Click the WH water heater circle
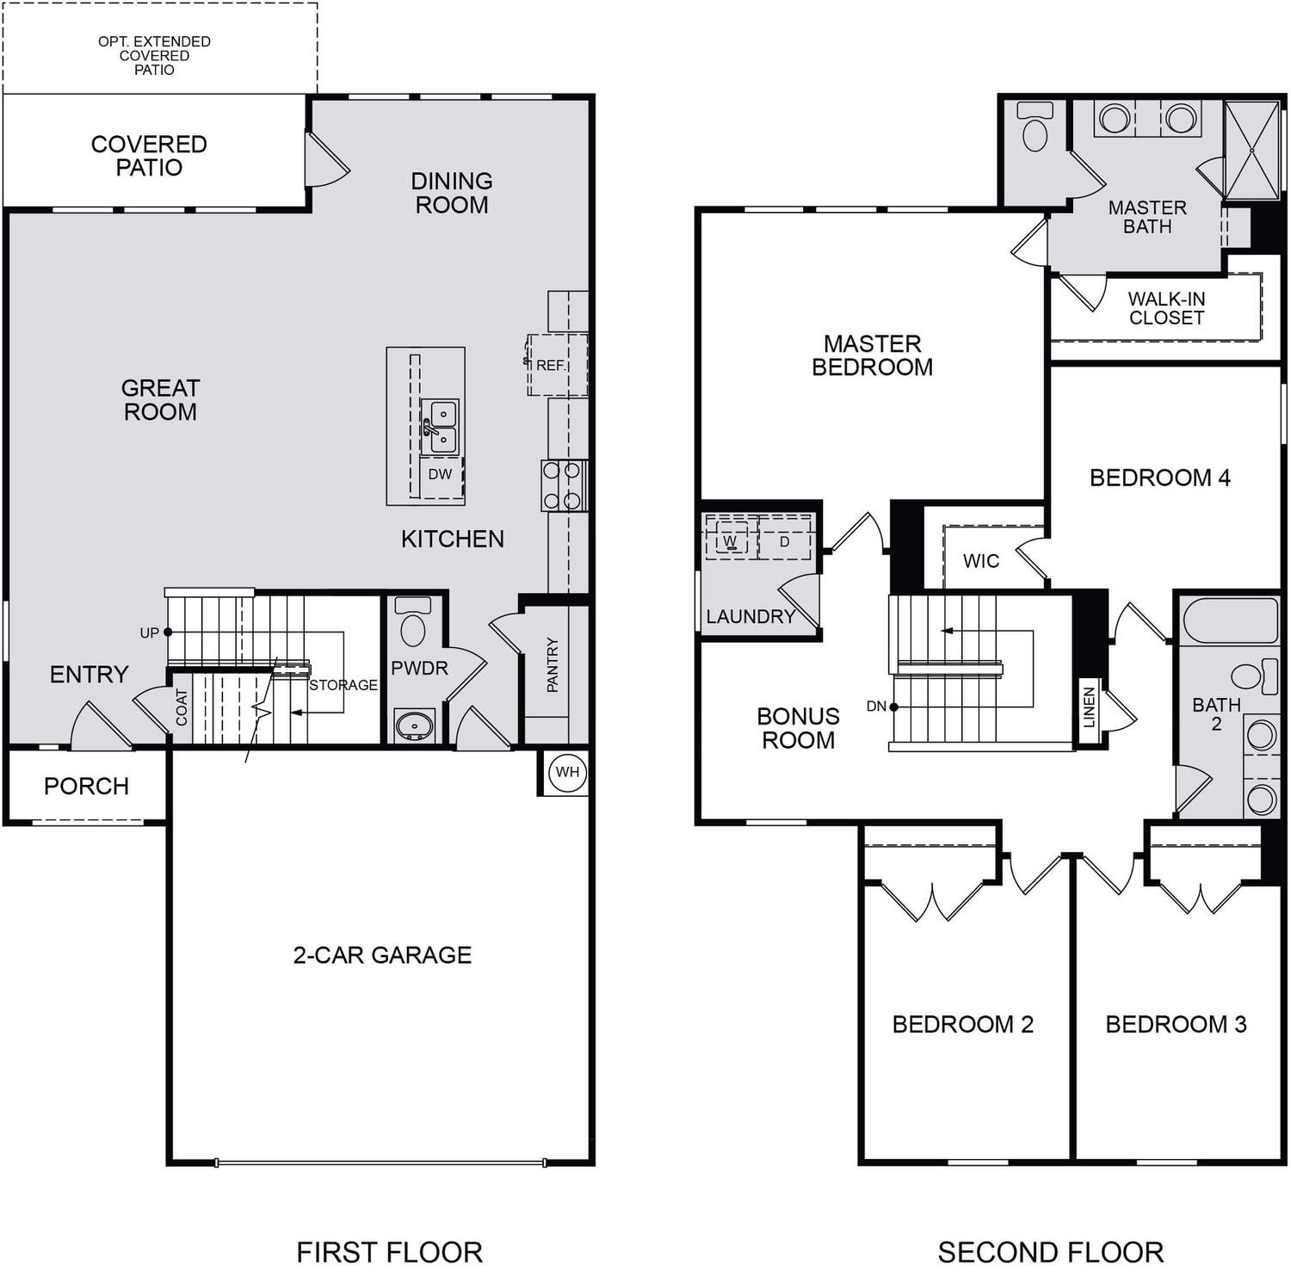click(x=567, y=772)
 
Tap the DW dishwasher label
click(x=440, y=474)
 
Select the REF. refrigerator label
click(x=551, y=366)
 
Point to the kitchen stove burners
click(x=564, y=485)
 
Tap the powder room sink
click(x=414, y=725)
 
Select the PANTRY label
click(x=553, y=664)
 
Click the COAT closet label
click(x=182, y=707)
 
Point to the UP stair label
click(x=149, y=633)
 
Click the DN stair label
click(x=876, y=706)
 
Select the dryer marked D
click(x=784, y=540)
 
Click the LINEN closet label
click(x=1089, y=707)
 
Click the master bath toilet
click(x=1035, y=126)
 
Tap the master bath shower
click(x=1251, y=151)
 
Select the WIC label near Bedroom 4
click(x=981, y=561)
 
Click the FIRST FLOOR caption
click(x=389, y=1252)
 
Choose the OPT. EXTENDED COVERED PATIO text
click(x=154, y=55)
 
